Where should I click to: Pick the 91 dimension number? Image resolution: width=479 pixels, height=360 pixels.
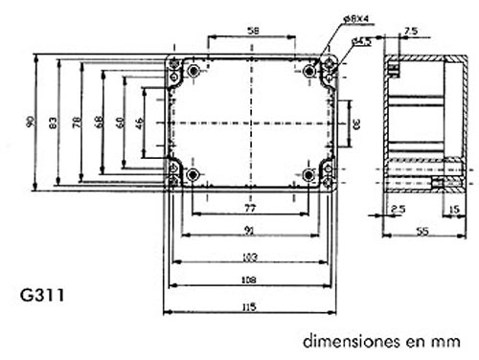(x=249, y=229)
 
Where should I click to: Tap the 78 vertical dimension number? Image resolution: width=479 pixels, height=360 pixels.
(x=80, y=122)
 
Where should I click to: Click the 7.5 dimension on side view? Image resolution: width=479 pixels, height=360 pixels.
(x=412, y=31)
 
